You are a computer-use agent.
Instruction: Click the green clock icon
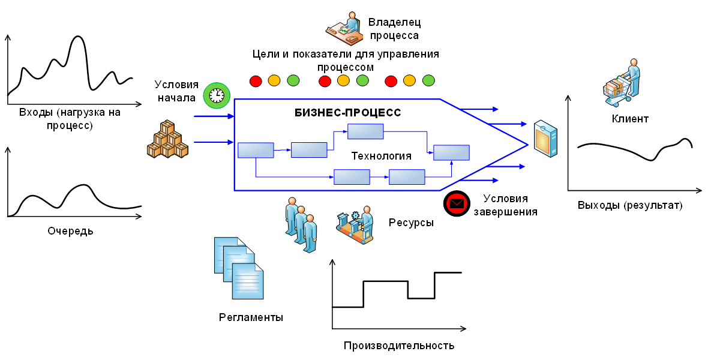[217, 95]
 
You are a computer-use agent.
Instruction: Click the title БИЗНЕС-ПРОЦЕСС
[348, 112]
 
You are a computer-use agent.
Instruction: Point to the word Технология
[381, 156]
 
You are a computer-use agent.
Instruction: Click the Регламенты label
[251, 317]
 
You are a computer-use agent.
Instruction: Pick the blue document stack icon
[239, 268]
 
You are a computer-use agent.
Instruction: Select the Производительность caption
[399, 346]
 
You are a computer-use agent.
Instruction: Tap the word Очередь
[70, 230]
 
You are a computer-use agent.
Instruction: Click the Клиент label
[630, 119]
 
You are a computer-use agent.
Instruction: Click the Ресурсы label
[411, 223]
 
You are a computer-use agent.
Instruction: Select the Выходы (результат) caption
[630, 205]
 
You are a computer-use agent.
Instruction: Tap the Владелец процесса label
[394, 29]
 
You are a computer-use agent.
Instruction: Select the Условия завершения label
[505, 205]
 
